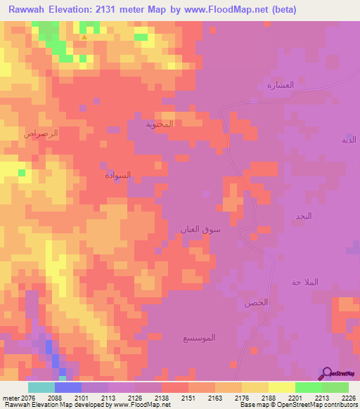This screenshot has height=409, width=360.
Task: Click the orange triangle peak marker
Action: click(x=84, y=37)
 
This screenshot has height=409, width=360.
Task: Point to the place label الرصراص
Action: click(x=41, y=133)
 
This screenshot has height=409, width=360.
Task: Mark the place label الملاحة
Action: click(x=305, y=282)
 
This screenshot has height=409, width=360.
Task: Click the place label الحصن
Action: click(x=256, y=303)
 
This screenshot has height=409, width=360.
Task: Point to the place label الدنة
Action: click(x=349, y=140)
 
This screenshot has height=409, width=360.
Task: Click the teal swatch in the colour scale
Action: click(x=41, y=387)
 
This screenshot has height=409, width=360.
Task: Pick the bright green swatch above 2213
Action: click(x=308, y=387)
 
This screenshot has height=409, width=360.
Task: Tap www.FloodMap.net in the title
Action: click(x=231, y=10)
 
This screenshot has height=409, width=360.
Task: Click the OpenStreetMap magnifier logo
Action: click(x=326, y=372)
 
